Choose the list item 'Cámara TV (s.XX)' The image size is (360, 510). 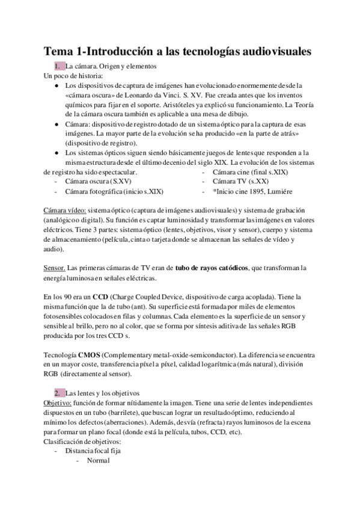tap(241, 182)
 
